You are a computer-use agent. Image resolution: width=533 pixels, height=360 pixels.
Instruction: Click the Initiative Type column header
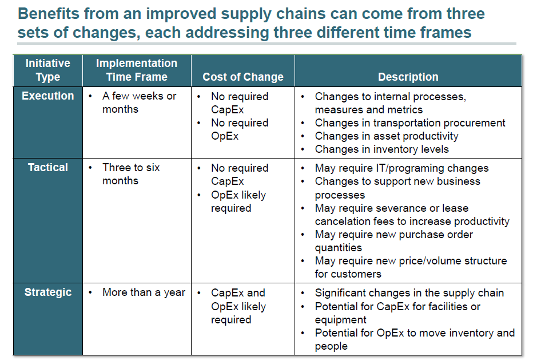[x=48, y=70]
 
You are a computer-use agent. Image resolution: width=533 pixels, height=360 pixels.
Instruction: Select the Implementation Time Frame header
[x=137, y=70]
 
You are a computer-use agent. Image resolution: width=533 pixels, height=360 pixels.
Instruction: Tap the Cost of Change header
[x=243, y=77]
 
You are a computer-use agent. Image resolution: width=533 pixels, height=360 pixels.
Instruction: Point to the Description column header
[x=408, y=77]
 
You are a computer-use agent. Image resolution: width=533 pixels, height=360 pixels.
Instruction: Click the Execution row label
[x=48, y=96]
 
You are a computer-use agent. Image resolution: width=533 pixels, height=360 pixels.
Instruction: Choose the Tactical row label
[x=48, y=168]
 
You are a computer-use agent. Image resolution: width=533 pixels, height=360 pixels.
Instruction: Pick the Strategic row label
[x=48, y=292]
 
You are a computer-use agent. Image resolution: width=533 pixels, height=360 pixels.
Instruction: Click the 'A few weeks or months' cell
[x=139, y=102]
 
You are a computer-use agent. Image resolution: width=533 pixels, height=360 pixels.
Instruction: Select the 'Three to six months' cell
[x=131, y=174]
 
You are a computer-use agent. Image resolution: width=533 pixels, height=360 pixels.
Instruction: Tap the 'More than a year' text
[x=144, y=292]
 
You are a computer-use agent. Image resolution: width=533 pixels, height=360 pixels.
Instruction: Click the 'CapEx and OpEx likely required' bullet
[x=238, y=306]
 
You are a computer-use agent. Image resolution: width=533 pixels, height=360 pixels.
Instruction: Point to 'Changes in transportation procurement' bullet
[x=409, y=122]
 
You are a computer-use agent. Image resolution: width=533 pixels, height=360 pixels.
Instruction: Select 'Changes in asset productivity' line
[x=386, y=136]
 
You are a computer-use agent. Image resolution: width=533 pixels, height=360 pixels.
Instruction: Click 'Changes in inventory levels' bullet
[x=381, y=149]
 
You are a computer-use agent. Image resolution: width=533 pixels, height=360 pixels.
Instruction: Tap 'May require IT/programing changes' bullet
[x=401, y=168]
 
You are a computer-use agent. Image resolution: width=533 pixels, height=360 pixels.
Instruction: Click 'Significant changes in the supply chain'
[x=409, y=292]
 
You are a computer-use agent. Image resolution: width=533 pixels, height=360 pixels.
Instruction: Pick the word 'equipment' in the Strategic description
[x=340, y=319]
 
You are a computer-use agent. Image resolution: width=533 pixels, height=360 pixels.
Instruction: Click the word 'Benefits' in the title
[x=46, y=13]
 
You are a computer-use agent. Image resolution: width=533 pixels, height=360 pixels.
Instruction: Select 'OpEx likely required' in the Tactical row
[x=238, y=201]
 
